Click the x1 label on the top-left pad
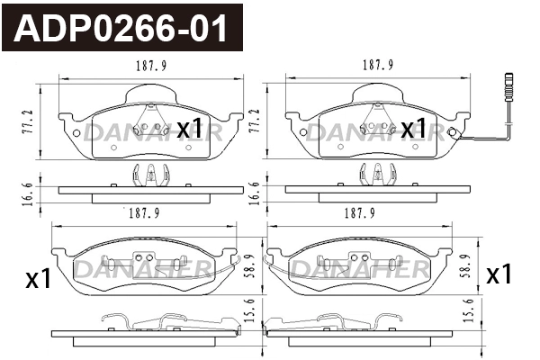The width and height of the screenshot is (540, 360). pyautogui.click(x=190, y=129)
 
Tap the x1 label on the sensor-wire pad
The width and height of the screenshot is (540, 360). pyautogui.click(x=413, y=129)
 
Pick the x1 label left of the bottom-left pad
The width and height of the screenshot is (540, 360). pyautogui.click(x=37, y=278)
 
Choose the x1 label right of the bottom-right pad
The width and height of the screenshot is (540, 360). pyautogui.click(x=499, y=274)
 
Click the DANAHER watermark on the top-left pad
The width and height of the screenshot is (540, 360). pyautogui.click(x=148, y=133)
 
